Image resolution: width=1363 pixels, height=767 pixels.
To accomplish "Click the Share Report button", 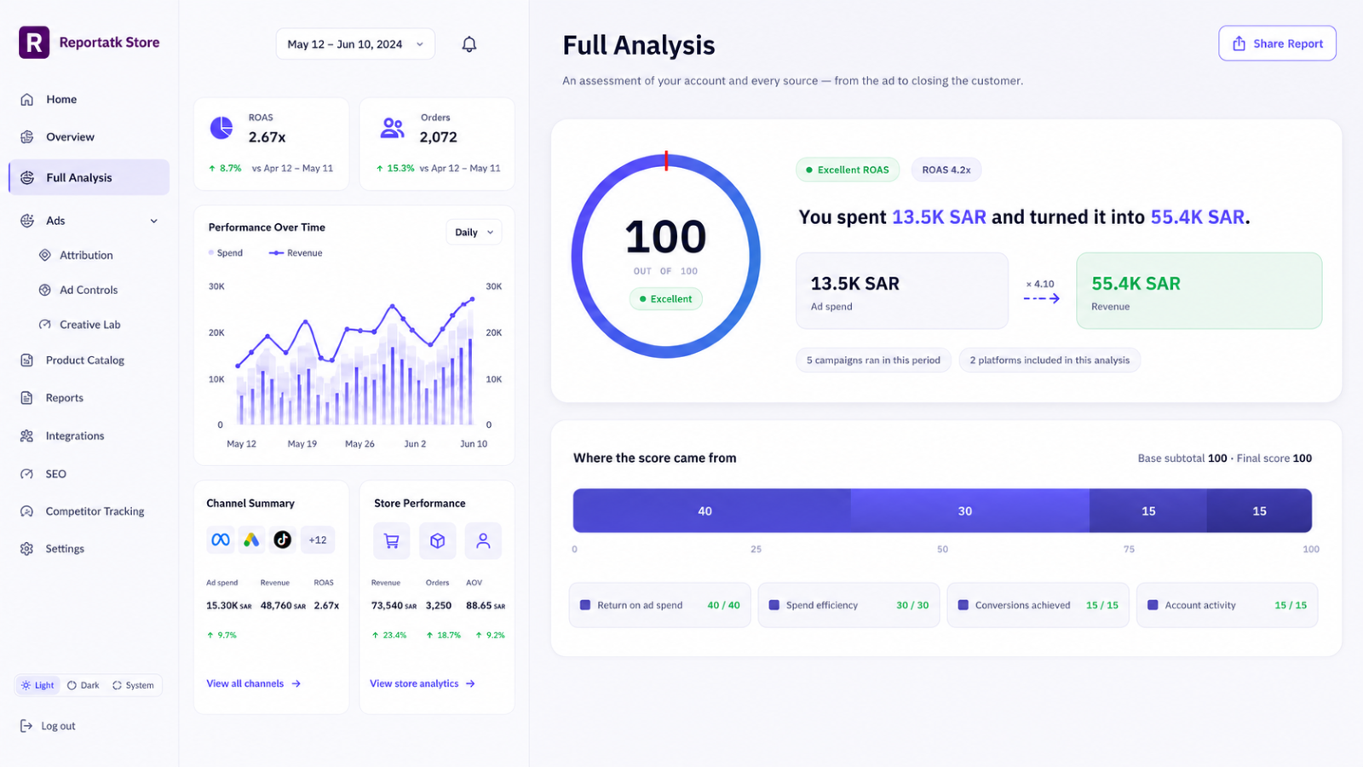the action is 1277,43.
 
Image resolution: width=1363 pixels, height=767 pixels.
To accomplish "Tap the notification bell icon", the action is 469,43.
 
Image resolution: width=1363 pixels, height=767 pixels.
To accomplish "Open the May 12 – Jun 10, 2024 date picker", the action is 355,43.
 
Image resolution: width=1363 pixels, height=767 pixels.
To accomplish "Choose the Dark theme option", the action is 83,685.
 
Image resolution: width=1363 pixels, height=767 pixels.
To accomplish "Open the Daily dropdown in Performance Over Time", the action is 474,232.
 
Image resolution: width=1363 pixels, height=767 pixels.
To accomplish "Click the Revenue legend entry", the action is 296,252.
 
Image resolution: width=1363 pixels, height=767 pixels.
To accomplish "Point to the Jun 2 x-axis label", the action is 415,444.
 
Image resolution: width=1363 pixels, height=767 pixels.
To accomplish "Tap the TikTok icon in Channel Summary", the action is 282,540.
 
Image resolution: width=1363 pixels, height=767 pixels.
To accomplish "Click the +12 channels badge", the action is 318,540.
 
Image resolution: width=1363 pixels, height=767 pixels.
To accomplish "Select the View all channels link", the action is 253,683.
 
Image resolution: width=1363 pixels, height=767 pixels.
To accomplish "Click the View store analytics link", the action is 423,683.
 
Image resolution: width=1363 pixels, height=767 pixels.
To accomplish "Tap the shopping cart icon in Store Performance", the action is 391,540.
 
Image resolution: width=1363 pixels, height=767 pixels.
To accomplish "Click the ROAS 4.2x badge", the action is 946,170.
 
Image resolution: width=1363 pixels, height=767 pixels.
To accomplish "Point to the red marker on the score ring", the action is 666,161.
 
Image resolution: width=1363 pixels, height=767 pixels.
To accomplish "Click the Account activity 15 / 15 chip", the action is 1227,605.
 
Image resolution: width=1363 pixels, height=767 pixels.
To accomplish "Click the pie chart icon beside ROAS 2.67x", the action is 221,129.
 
